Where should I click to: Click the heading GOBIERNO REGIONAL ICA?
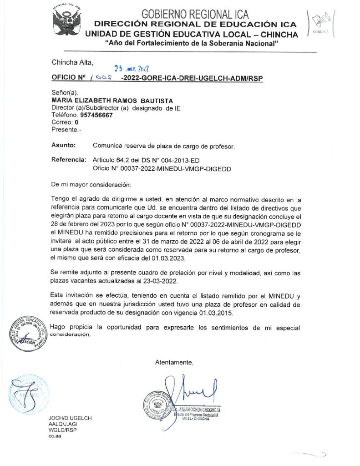point(195,14)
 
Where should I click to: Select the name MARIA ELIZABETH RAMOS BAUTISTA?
point(106,100)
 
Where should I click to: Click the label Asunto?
point(63,146)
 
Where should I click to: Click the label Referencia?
point(69,160)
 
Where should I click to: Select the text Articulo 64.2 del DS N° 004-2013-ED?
point(146,160)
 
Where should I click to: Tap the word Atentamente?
point(174,363)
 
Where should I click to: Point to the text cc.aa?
point(55,436)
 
